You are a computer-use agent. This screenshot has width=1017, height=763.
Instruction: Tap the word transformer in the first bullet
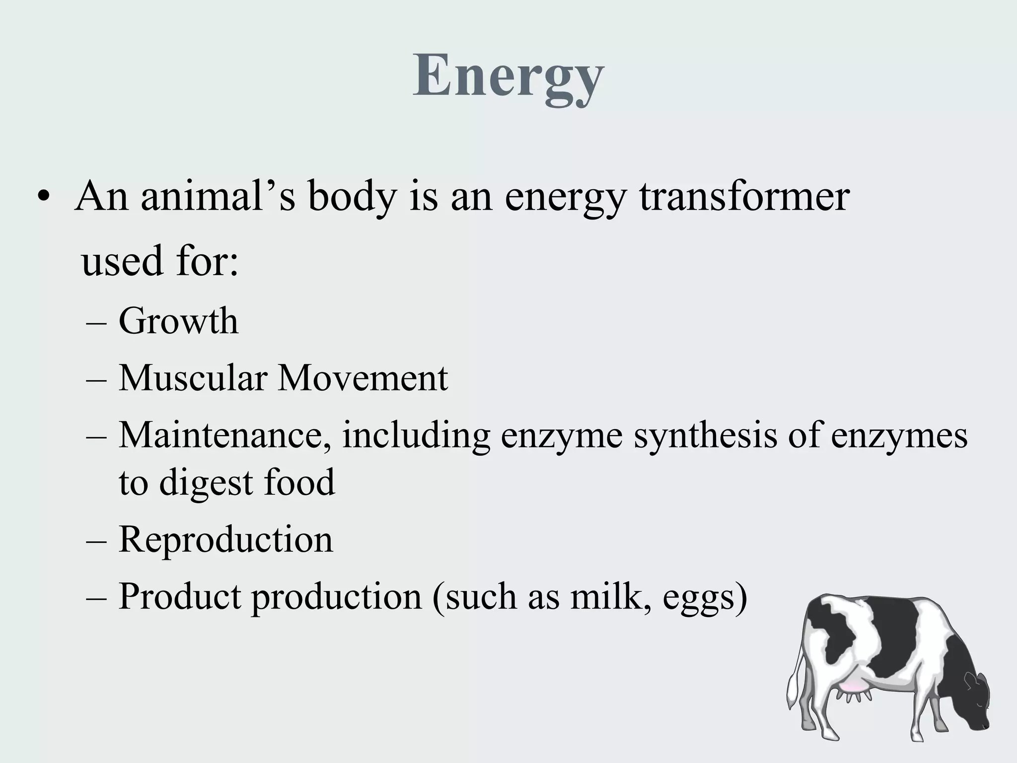point(744,197)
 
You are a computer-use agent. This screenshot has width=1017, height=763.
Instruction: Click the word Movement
point(363,378)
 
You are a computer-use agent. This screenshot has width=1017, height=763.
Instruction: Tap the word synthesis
point(705,435)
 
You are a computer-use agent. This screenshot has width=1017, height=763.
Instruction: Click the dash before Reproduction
point(96,540)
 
